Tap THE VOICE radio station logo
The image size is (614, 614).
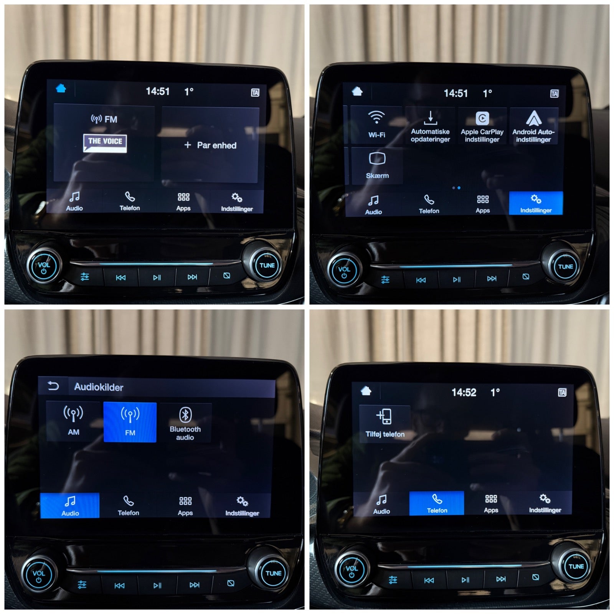pyautogui.click(x=105, y=143)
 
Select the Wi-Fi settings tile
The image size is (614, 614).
pyautogui.click(x=376, y=124)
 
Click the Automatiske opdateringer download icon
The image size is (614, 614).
pyautogui.click(x=430, y=118)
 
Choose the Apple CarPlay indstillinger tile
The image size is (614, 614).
pyautogui.click(x=482, y=126)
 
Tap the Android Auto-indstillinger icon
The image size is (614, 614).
pyautogui.click(x=533, y=118)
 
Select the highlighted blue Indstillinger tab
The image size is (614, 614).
pyautogui.click(x=536, y=203)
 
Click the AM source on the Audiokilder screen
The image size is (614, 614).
pyautogui.click(x=73, y=421)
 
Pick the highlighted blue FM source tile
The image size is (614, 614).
pyautogui.click(x=130, y=422)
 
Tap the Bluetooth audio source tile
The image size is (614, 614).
pyautogui.click(x=185, y=423)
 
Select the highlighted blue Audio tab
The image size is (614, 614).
pyautogui.click(x=70, y=505)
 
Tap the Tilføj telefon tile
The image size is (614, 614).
pyautogui.click(x=385, y=424)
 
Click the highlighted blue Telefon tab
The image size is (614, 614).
pyautogui.click(x=437, y=503)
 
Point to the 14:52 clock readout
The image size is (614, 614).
pyautogui.click(x=464, y=392)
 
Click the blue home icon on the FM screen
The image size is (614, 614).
pyautogui.click(x=61, y=88)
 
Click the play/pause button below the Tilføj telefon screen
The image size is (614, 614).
pyautogui.click(x=465, y=579)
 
